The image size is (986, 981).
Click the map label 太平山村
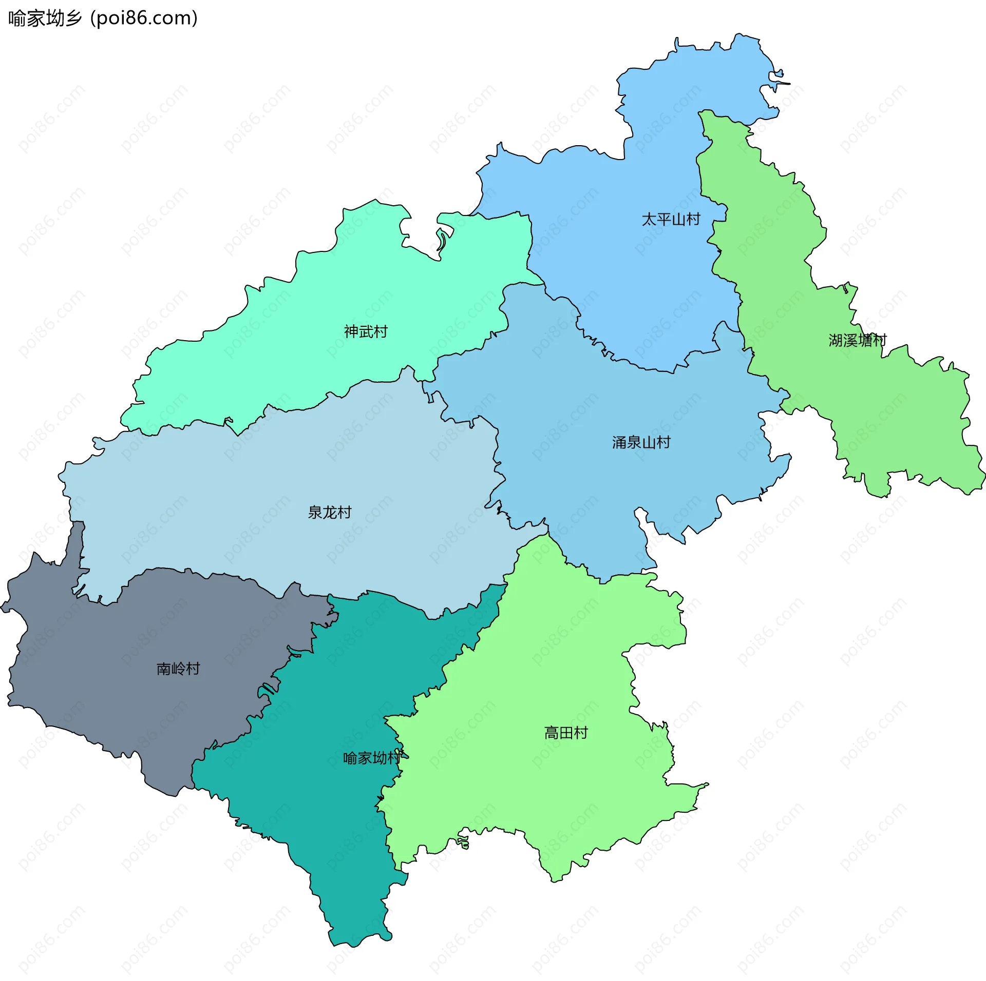pos(671,220)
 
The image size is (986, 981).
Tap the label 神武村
pos(366,332)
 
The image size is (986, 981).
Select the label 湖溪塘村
pos(857,340)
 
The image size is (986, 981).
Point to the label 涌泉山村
pos(641,442)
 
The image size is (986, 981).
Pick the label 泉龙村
pos(329,513)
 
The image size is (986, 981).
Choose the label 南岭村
pos(178,669)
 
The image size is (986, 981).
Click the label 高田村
pos(566,733)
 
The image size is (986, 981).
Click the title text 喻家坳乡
pos(45,18)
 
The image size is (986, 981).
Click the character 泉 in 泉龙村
pos(315,513)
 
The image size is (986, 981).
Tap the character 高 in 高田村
pos(552,733)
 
